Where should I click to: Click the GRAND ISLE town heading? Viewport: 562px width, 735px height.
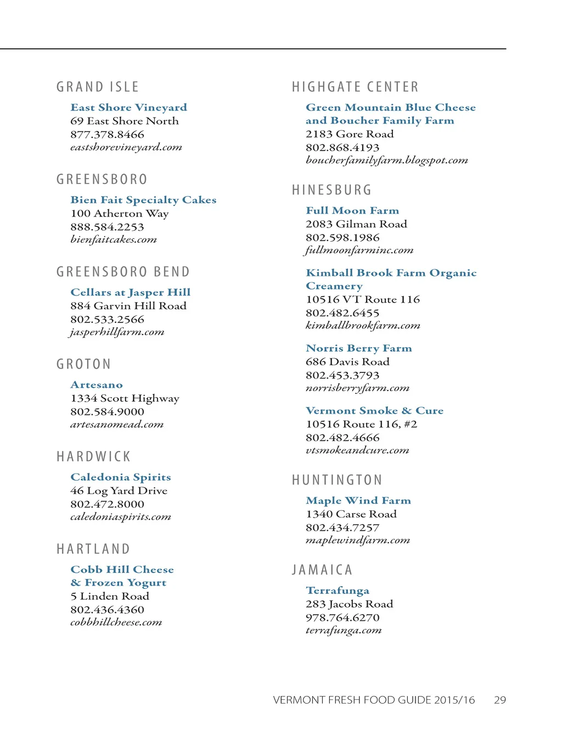[x=98, y=87]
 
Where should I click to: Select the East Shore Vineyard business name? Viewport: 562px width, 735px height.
[x=128, y=108]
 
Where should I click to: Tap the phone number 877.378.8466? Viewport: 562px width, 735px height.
[x=107, y=135]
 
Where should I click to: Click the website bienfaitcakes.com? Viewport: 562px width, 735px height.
[x=114, y=240]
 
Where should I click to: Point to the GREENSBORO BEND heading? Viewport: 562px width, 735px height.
[x=123, y=272]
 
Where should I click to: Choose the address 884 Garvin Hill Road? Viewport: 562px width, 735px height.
[x=128, y=306]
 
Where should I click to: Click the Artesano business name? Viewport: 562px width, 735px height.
[x=97, y=385]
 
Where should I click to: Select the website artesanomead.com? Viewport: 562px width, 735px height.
[x=117, y=425]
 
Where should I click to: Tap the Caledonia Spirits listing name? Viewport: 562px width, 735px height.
[x=121, y=477]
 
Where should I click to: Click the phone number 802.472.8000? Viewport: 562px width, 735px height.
[x=107, y=504]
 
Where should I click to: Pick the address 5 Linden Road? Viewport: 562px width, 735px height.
[x=110, y=597]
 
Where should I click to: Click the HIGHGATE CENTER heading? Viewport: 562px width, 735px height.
[x=355, y=87]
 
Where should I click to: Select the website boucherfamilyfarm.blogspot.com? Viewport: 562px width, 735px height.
[x=387, y=160]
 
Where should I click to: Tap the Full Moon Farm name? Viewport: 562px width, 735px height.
[x=352, y=211]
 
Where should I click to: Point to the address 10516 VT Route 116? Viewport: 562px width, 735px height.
[x=363, y=299]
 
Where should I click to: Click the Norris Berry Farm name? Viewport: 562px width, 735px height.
[x=359, y=348]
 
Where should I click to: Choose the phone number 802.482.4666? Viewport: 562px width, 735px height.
[x=342, y=438]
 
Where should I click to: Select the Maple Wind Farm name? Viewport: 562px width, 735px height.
[x=358, y=501]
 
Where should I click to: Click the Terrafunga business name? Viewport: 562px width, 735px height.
[x=338, y=591]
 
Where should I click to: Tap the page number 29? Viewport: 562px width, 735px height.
[x=500, y=700]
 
